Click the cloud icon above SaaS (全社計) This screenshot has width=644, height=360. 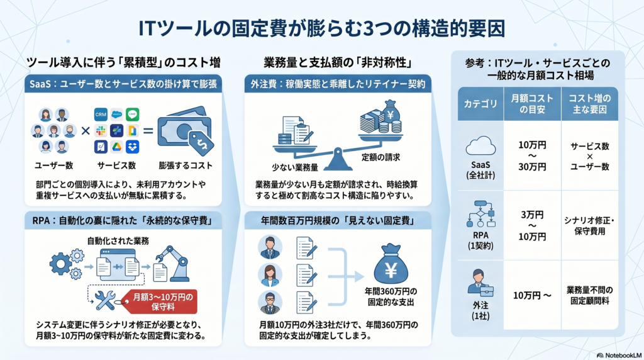pyautogui.click(x=480, y=147)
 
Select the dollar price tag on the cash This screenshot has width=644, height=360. pyautogui.click(x=203, y=145)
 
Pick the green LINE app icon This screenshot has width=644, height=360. pyautogui.click(x=132, y=115)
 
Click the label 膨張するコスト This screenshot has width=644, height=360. pyautogui.click(x=185, y=166)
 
